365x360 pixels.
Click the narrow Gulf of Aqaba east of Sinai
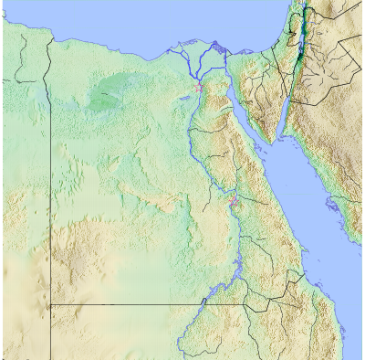click(x=285, y=101)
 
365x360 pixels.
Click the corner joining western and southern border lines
click(x=49, y=304)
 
